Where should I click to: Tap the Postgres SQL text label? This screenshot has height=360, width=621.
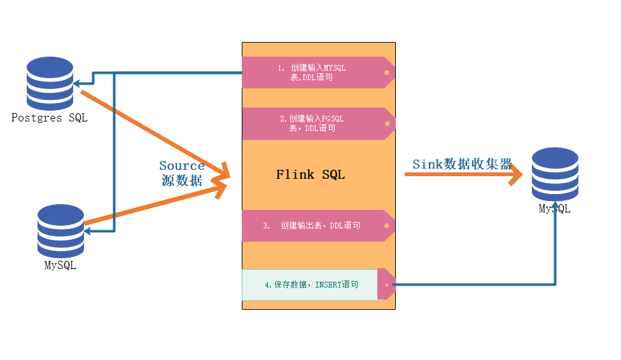50,118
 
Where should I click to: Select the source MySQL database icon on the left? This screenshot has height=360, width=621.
60,229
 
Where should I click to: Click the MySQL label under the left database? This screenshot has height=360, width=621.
60,265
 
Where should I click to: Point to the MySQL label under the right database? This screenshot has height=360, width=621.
555,209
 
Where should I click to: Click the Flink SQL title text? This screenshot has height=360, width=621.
310,174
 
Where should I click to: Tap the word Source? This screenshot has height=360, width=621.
182,166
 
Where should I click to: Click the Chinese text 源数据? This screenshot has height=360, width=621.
182,181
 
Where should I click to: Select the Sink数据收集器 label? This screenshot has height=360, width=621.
462,164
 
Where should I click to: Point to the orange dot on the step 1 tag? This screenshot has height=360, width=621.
386,73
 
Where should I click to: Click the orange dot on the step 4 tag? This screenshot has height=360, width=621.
386,284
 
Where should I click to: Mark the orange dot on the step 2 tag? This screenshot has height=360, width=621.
386,123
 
